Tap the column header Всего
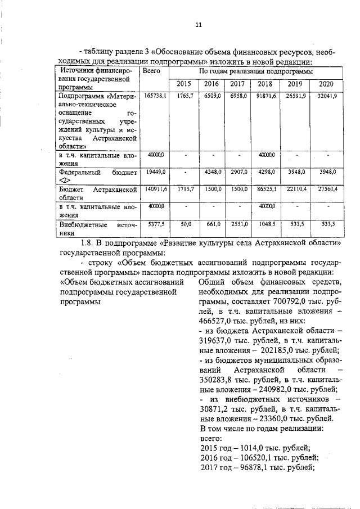(x=152, y=71)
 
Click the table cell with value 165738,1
(x=155, y=97)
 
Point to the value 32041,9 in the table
(x=326, y=97)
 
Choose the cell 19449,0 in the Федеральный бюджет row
(x=156, y=172)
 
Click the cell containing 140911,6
(x=155, y=190)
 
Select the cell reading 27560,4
(x=326, y=190)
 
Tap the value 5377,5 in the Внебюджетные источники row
(x=156, y=224)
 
